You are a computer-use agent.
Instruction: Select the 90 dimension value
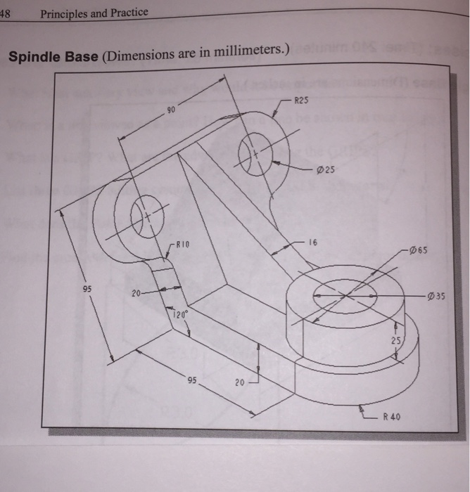170,110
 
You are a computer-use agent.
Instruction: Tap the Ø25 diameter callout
327,169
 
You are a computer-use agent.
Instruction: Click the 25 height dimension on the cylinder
396,342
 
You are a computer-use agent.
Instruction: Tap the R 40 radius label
392,417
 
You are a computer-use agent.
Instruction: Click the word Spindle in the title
31,56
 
